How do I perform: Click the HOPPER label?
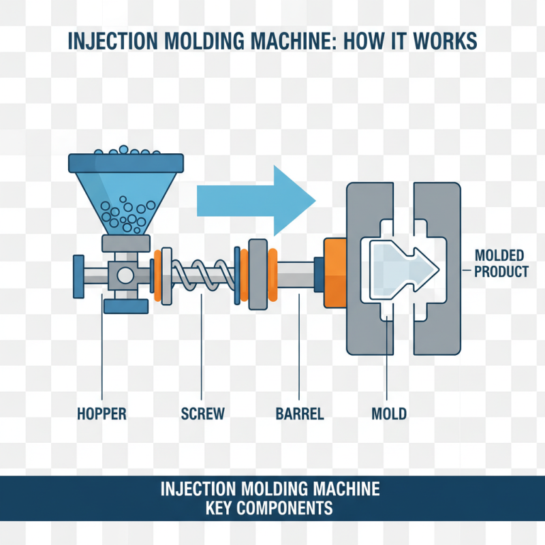point(102,414)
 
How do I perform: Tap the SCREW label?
point(203,414)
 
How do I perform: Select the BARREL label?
point(299,414)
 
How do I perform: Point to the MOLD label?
point(389,414)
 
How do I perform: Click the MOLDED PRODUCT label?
point(499,264)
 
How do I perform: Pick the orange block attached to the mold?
point(336,272)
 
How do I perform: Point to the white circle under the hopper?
point(125,275)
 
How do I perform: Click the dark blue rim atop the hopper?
point(125,162)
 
